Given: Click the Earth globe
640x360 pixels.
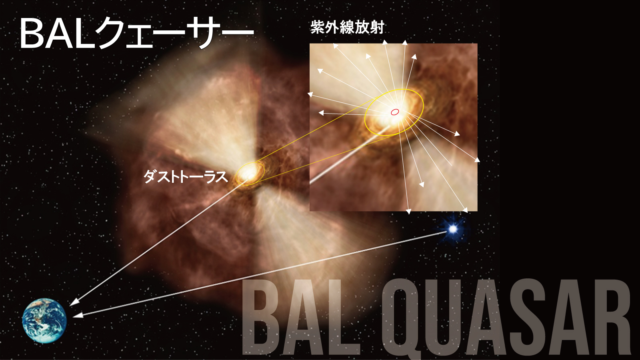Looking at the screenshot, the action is (44, 320).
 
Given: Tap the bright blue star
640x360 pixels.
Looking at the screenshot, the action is (453, 229).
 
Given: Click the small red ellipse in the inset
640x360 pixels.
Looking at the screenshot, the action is (394, 112).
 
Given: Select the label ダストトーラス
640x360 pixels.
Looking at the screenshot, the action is (186, 176).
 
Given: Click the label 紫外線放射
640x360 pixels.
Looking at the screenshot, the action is (347, 28).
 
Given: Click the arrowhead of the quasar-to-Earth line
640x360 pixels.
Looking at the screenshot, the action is (74, 302).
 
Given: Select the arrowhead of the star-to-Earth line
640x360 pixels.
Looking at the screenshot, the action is (78, 315).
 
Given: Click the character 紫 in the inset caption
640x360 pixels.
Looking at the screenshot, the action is (318, 28).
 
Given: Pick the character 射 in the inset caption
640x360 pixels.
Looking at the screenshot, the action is (376, 28).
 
